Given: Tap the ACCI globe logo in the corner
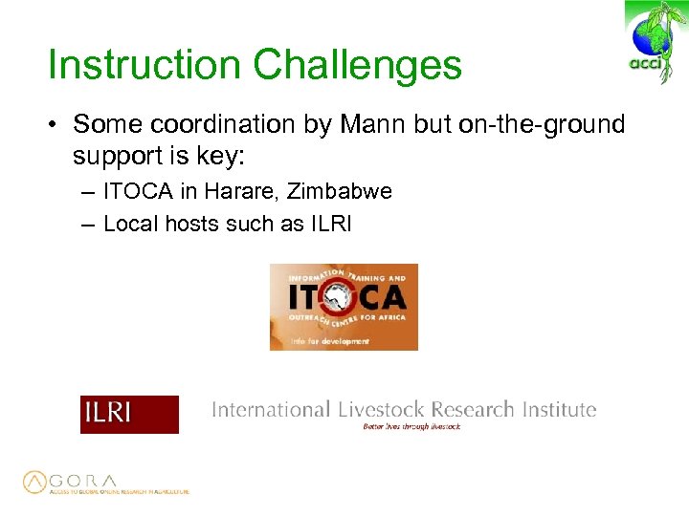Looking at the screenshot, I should click(654, 42).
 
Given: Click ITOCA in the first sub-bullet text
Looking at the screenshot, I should click(139, 191).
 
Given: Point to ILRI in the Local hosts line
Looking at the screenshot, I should click(330, 224).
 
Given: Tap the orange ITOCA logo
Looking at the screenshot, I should click(344, 306).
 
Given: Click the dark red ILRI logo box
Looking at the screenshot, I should click(129, 414).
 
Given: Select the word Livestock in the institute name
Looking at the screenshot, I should click(380, 410).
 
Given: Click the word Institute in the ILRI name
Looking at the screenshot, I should click(559, 410).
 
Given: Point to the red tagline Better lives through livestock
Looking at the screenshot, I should click(411, 427).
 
